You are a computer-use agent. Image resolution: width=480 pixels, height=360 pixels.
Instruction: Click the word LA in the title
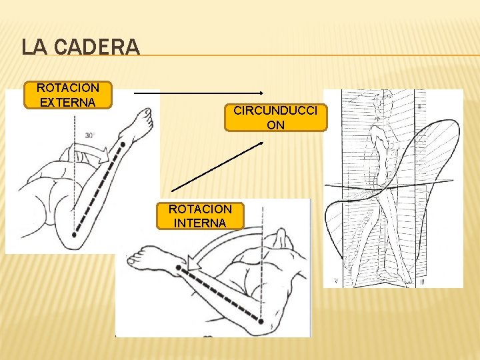tap(33, 47)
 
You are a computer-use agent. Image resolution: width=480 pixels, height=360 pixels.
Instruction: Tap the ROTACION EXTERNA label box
tap(67, 95)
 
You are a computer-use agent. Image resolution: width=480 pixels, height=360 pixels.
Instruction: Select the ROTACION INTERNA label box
tap(200, 216)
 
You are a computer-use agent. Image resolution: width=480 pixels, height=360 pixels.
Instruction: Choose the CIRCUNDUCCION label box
tap(275, 117)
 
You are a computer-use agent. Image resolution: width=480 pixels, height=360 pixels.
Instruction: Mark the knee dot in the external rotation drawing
tap(74, 235)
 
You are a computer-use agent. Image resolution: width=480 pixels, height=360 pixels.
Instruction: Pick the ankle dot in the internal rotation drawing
tap(179, 268)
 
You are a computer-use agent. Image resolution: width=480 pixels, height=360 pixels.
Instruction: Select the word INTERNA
tap(200, 223)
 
